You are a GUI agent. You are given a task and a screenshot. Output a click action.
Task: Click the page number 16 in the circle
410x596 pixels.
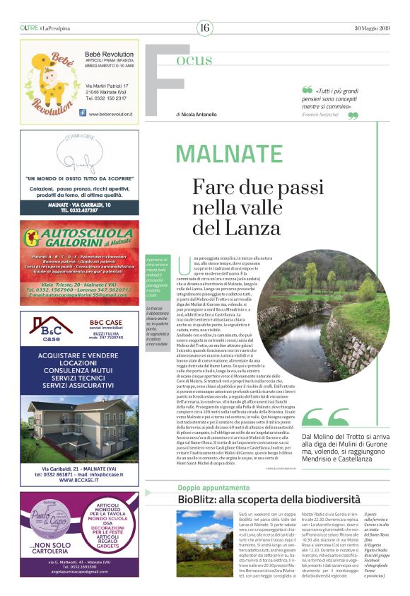coord(204,28)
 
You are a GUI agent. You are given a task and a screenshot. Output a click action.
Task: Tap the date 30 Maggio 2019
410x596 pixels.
coord(372,28)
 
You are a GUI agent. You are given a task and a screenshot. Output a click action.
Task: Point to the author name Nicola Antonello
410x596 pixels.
coord(199,114)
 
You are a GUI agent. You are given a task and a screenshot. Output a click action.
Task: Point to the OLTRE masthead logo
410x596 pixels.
coord(28,28)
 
